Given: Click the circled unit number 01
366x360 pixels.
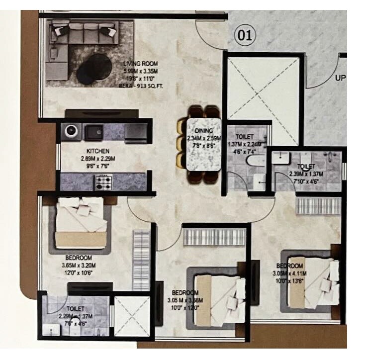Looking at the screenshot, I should pyautogui.click(x=245, y=35).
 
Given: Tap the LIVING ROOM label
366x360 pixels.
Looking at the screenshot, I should pyautogui.click(x=141, y=63).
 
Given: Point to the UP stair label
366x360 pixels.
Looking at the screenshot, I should pyautogui.click(x=341, y=78).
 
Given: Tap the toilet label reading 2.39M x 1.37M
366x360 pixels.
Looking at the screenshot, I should pyautogui.click(x=306, y=174).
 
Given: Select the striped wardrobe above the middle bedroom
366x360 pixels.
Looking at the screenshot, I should pyautogui.click(x=214, y=237).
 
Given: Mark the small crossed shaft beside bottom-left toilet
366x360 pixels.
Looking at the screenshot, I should pyautogui.click(x=132, y=316).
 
